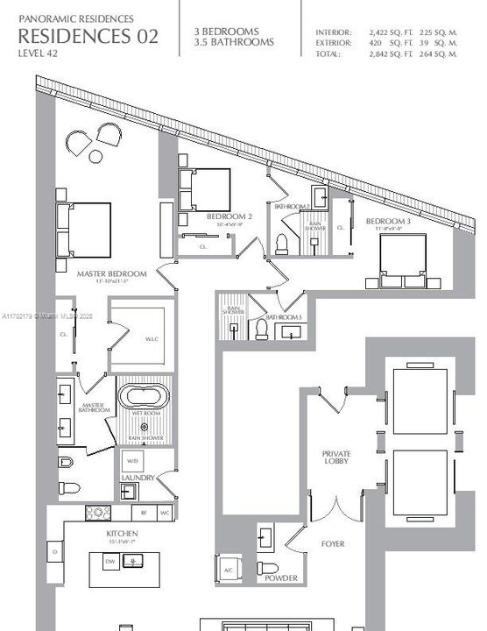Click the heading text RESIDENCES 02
tap(88, 36)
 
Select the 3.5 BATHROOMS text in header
tap(234, 42)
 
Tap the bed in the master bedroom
tap(84, 230)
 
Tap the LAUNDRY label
tap(138, 478)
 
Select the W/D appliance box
tap(133, 460)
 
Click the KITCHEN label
tap(121, 532)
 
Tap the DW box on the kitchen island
tap(109, 561)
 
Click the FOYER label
tap(332, 544)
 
